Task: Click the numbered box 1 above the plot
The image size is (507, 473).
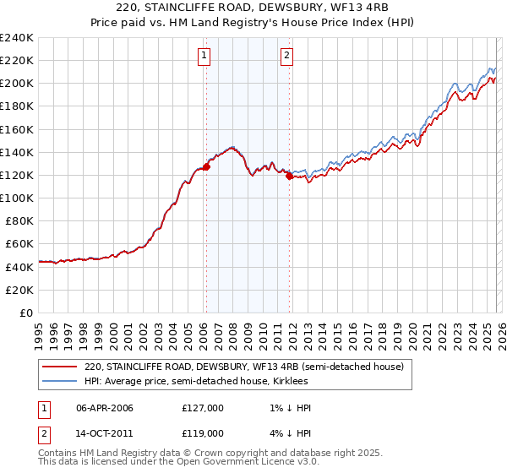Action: [204, 57]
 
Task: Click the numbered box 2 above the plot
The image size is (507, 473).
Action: [287, 57]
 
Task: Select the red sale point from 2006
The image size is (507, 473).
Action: [206, 167]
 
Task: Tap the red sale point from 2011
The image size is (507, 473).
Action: [289, 177]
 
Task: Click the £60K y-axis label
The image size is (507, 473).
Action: [19, 243]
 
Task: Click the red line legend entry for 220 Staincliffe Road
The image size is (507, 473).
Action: [244, 367]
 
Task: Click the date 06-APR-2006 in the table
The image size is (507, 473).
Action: [105, 408]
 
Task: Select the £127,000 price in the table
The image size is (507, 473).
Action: [202, 408]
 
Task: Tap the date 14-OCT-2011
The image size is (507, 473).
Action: [105, 432]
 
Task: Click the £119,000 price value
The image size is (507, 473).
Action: [202, 432]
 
